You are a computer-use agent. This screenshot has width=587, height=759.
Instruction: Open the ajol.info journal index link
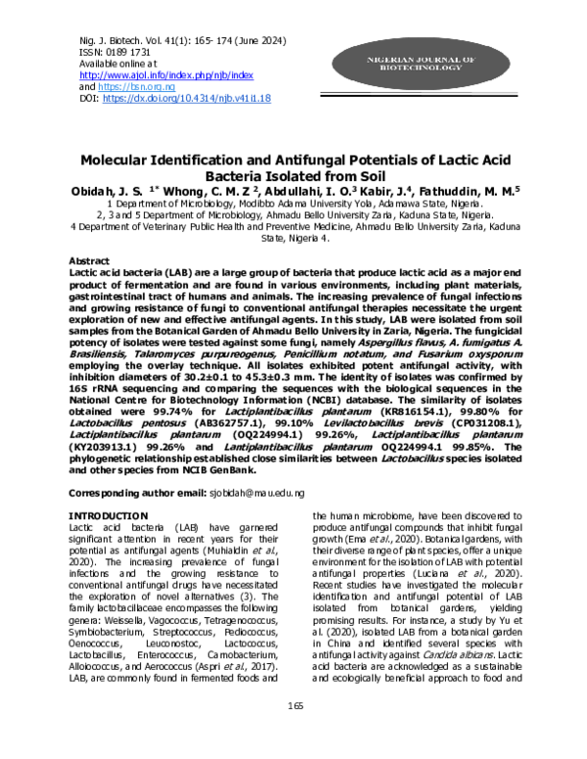tap(165, 74)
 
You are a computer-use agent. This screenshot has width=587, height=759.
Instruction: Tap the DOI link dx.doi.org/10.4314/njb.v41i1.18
tap(187, 99)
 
